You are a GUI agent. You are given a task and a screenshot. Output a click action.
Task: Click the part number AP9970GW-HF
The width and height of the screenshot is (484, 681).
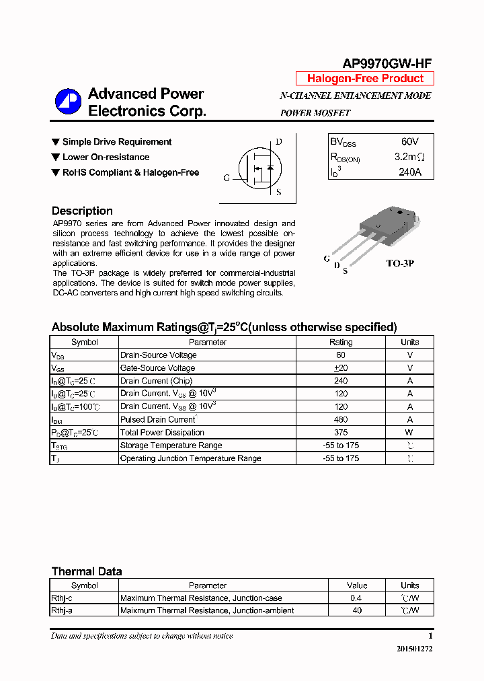[387, 63]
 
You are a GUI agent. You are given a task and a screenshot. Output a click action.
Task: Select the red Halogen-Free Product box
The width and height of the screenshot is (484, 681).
[365, 79]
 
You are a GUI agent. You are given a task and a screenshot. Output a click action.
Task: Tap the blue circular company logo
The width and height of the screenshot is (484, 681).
[68, 102]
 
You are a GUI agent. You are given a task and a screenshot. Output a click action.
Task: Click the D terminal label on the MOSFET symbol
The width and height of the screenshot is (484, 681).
[278, 142]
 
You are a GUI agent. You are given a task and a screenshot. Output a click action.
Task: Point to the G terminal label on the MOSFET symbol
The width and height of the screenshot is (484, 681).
[227, 178]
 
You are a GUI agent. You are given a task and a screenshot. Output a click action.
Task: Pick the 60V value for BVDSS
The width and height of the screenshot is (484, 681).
[409, 142]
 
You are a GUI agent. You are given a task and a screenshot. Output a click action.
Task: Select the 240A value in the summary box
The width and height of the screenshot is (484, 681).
[409, 172]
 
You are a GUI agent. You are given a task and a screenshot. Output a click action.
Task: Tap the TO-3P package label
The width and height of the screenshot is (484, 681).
[399, 263]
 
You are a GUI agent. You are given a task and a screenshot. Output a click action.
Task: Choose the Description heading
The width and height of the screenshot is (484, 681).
[82, 211]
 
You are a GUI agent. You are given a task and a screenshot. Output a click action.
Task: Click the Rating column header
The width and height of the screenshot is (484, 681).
[341, 342]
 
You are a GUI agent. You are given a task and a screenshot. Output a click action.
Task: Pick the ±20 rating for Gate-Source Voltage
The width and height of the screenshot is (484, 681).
[341, 368]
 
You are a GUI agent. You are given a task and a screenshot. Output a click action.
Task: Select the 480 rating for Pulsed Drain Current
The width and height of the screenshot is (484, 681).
[341, 419]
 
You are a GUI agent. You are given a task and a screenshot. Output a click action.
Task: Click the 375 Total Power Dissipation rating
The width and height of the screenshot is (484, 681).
[341, 433]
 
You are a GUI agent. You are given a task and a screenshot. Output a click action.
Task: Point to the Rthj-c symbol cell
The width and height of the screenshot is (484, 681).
[62, 598]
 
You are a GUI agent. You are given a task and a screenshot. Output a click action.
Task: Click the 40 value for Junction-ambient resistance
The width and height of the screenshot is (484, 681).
[357, 610]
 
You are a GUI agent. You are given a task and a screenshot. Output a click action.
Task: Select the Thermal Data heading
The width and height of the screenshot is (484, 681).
[87, 571]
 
